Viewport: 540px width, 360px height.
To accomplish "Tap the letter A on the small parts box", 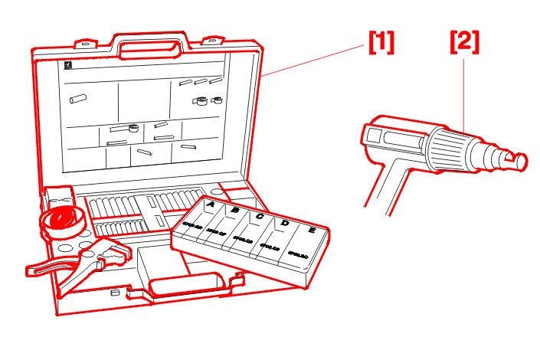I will pyautogui.click(x=209, y=205).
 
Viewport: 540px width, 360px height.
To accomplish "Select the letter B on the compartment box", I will pyautogui.click(x=235, y=210).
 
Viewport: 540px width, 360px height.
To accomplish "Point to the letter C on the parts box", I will pyautogui.click(x=260, y=217).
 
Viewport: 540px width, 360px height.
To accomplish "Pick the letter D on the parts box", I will pyautogui.click(x=285, y=223).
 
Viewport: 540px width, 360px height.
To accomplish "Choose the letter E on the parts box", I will pyautogui.click(x=311, y=230).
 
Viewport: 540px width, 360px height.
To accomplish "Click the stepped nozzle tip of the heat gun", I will pyautogui.click(x=509, y=159).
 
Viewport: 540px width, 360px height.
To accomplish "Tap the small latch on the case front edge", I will pyautogui.click(x=114, y=293).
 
